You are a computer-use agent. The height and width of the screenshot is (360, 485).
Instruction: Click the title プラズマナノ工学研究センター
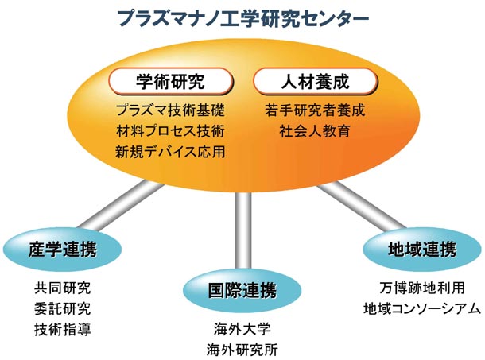[243, 18]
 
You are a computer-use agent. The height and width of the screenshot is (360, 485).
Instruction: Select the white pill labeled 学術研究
[170, 81]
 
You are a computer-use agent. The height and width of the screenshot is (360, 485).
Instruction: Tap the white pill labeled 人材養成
[316, 81]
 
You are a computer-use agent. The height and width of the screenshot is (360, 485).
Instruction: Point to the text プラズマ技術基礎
[170, 110]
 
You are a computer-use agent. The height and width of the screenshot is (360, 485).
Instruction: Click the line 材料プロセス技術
[170, 131]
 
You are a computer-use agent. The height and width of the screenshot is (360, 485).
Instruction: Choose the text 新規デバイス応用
[170, 152]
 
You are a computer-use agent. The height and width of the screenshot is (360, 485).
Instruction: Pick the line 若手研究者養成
[315, 110]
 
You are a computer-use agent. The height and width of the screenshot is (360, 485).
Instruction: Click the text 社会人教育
[315, 131]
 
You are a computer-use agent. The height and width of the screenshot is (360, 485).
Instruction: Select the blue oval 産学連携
[62, 250]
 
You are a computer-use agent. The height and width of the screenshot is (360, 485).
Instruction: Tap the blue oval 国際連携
[242, 290]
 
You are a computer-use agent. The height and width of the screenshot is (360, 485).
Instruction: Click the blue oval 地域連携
[422, 250]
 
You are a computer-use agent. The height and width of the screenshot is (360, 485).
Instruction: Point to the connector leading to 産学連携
[121, 206]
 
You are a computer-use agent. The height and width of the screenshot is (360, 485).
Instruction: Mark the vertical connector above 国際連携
[243, 230]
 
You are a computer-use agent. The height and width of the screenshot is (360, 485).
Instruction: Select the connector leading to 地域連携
[361, 206]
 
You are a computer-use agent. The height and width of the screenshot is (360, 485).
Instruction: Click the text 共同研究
[63, 288]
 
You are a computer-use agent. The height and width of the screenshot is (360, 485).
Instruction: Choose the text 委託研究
[63, 308]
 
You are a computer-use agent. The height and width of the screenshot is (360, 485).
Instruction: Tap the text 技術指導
[63, 329]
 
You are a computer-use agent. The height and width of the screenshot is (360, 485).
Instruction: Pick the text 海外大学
[242, 329]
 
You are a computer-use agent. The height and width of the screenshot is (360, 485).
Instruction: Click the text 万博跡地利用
[422, 288]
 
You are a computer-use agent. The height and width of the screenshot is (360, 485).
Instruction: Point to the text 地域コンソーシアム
[422, 308]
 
